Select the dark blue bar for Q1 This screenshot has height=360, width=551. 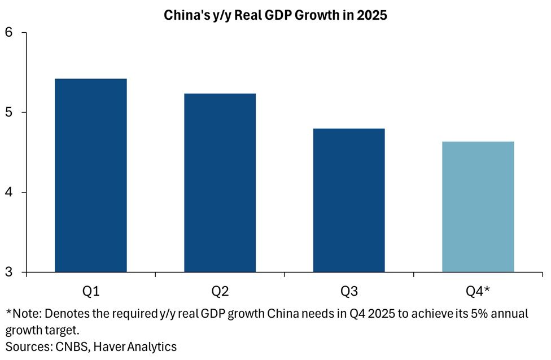point(90,175)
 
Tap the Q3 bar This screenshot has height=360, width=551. point(348,200)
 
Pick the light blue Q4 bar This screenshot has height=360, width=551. point(478,207)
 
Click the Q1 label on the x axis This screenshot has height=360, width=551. point(90,291)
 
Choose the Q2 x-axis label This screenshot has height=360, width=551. point(220,291)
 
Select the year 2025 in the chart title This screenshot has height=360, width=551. point(373,16)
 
